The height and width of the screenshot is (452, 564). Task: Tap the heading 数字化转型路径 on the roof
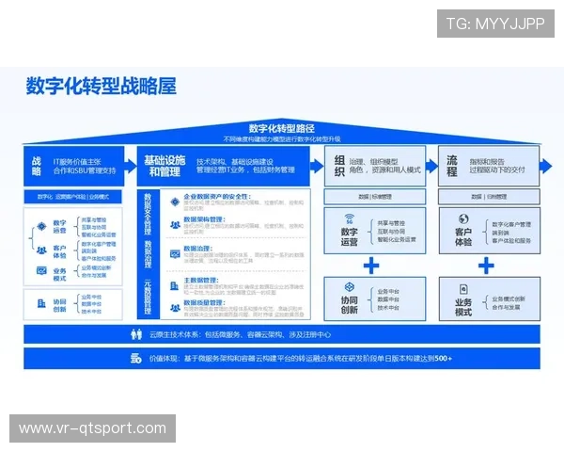click(281, 128)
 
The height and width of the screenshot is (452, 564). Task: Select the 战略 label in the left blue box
click(37, 166)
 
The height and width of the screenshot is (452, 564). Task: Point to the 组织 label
click(339, 166)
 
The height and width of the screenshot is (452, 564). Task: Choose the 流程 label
click(452, 166)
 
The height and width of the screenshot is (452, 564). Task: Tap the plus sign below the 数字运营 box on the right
click(371, 266)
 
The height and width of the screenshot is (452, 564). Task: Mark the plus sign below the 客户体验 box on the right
click(485, 266)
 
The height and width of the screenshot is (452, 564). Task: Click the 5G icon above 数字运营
click(349, 218)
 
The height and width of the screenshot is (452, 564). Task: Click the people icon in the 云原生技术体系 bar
click(134, 335)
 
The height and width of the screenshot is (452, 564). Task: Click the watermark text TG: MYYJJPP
click(494, 24)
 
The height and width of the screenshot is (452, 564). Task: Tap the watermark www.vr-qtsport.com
click(93, 428)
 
